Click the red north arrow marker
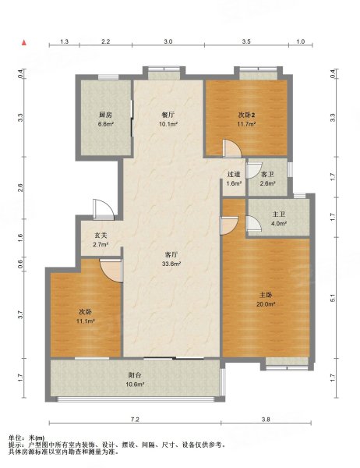24,42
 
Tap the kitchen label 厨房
105,115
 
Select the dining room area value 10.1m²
168,124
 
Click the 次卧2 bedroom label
246,115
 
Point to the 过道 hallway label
234,174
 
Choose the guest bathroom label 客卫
267,174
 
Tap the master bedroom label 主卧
266,295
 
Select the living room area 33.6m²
171,264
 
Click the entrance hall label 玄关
101,236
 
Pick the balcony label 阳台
135,375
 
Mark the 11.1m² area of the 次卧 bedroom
85,321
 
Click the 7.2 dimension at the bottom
135,420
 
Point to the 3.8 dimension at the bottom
266,420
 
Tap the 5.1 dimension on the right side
333,298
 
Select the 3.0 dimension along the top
168,41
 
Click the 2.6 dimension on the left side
20,188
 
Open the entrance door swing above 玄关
103,209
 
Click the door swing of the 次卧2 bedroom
231,148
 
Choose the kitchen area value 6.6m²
105,124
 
